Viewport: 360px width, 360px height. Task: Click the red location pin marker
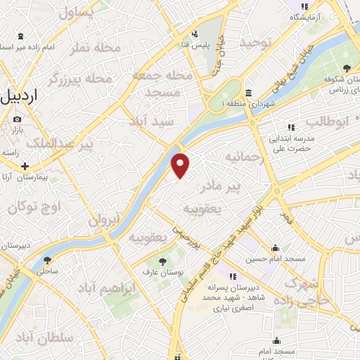pyautogui.click(x=181, y=165)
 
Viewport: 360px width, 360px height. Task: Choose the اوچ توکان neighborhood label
pyautogui.click(x=35, y=207)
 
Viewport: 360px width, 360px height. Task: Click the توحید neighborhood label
pyautogui.click(x=255, y=43)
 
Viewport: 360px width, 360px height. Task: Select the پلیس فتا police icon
pyautogui.click(x=195, y=32)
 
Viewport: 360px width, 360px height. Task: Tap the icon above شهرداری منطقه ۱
pyautogui.click(x=249, y=94)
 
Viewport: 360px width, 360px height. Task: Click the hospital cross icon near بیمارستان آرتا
pyautogui.click(x=25, y=166)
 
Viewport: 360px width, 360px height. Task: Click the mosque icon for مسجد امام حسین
pyautogui.click(x=275, y=248)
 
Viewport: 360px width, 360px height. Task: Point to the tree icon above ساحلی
pyautogui.click(x=47, y=259)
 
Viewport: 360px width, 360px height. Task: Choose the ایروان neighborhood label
pyautogui.click(x=105, y=220)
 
